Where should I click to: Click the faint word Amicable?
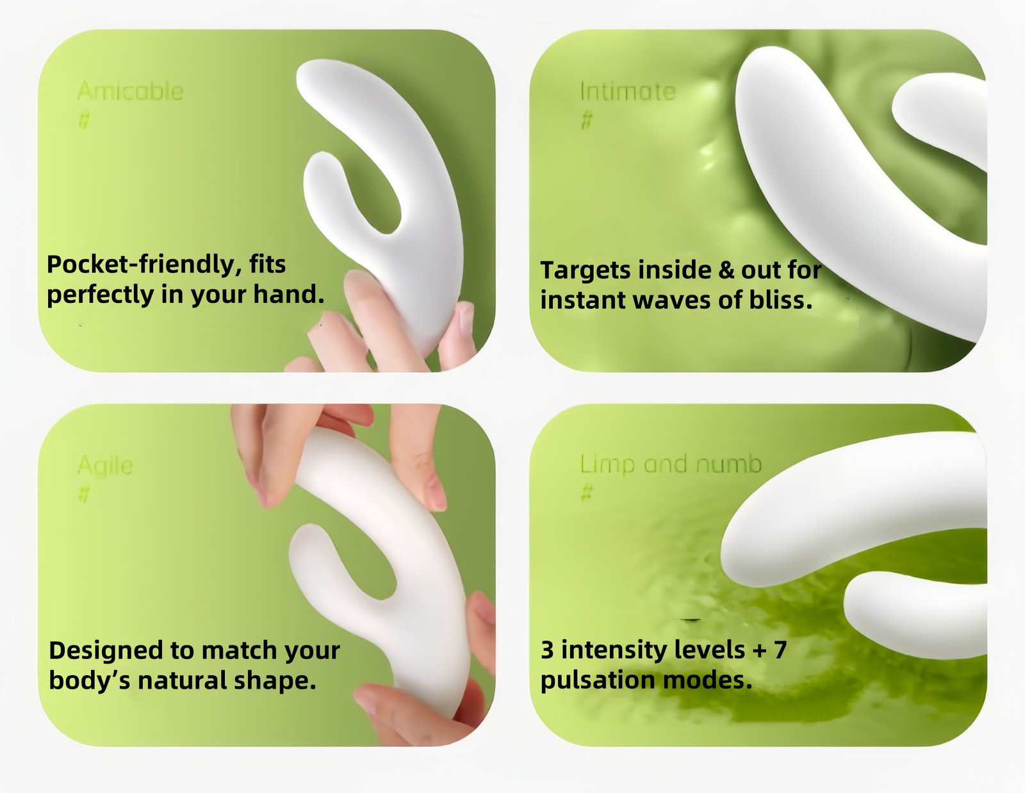point(130,91)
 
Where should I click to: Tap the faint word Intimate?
point(628,91)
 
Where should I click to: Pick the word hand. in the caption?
point(289,294)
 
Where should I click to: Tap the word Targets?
point(586,271)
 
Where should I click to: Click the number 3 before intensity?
point(547,650)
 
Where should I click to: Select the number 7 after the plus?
point(780,650)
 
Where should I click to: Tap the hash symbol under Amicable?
point(84,121)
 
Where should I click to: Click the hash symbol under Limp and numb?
point(587,493)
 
